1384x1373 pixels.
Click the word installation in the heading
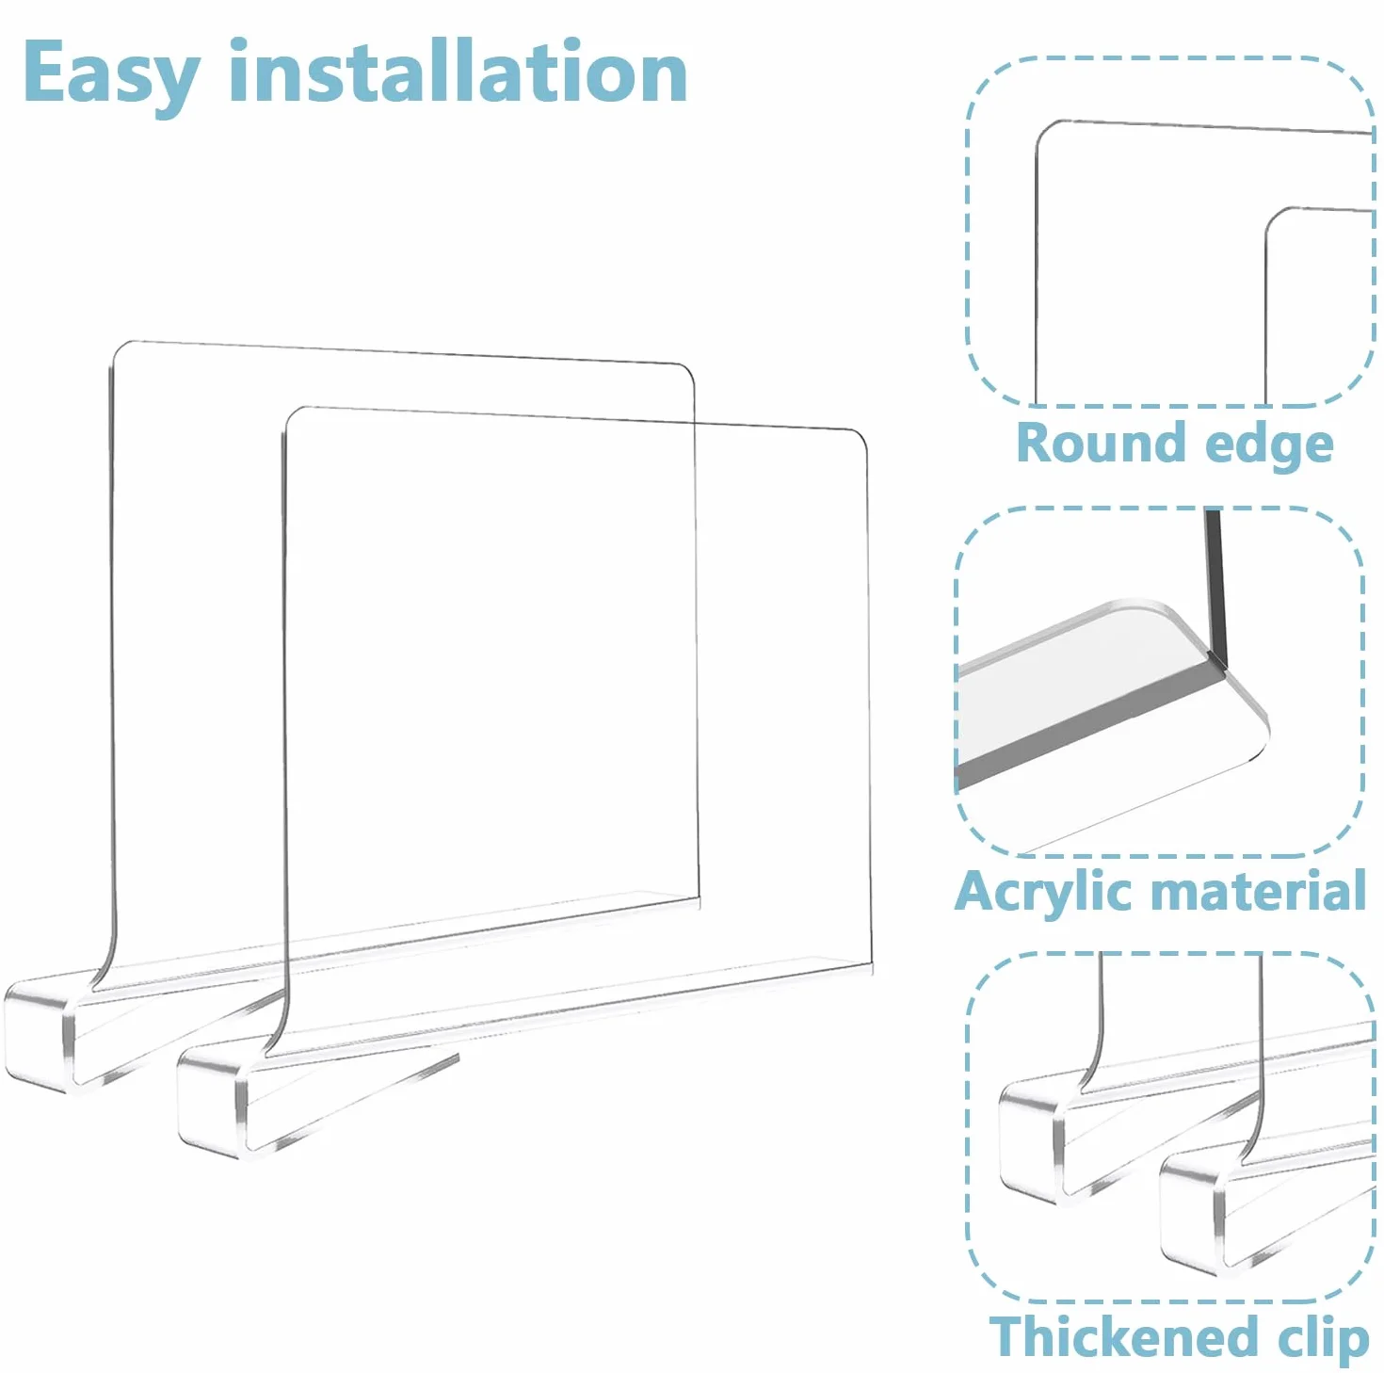coord(459,71)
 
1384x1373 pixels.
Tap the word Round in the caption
coord(1100,443)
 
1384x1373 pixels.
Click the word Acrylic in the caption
coord(1050,893)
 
